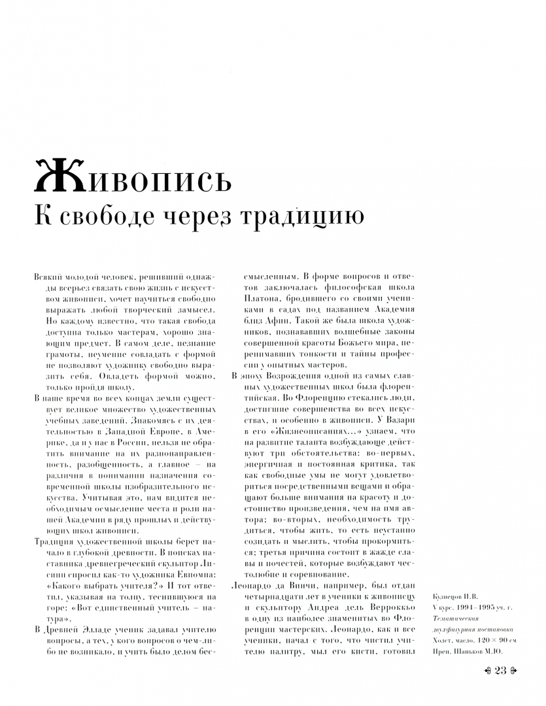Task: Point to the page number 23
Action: click(x=502, y=671)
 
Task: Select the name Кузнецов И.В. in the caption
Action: click(x=455, y=597)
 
